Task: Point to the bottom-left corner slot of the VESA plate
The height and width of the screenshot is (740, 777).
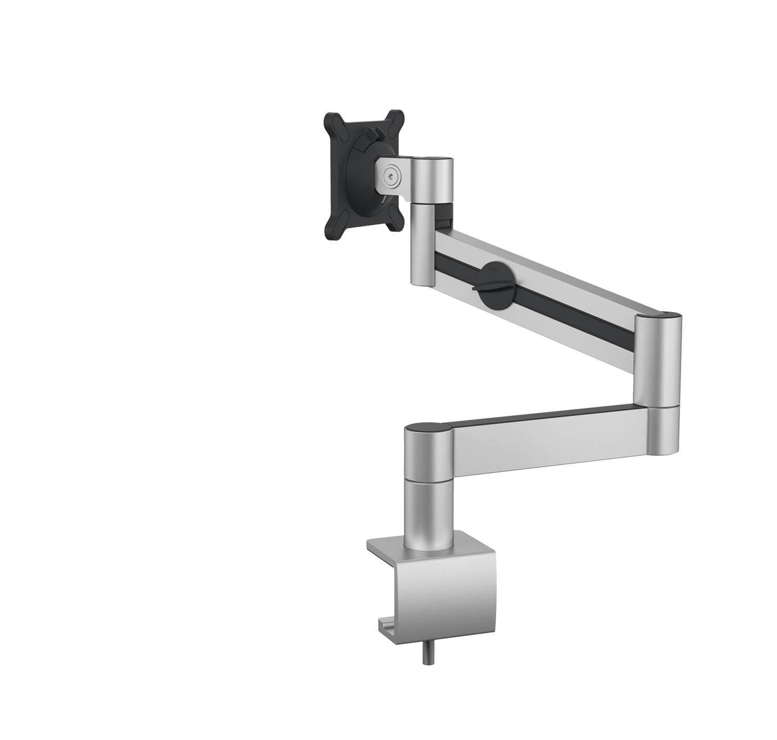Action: pos(332,232)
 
